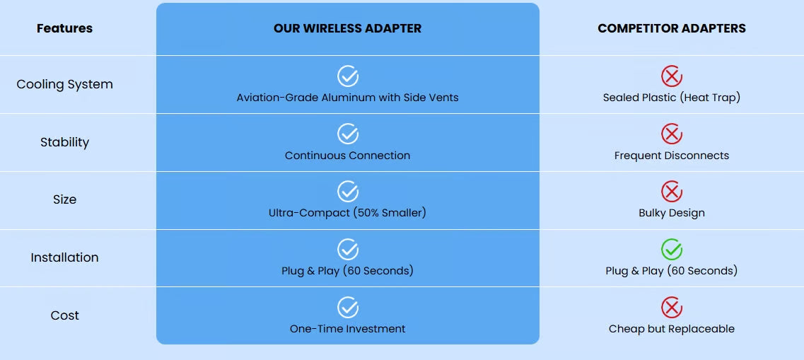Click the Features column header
point(64,28)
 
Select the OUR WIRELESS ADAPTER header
point(348,28)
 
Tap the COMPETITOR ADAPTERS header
point(672,28)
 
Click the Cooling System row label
point(64,84)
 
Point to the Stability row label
point(64,142)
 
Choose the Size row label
point(64,199)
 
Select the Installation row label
point(64,257)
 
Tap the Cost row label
point(64,315)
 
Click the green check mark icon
point(672,250)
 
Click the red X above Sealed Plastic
point(672,76)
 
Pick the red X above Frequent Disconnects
point(672,134)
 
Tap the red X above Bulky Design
point(672,192)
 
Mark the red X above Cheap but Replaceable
point(672,308)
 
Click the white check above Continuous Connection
point(348,134)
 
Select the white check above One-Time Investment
point(348,308)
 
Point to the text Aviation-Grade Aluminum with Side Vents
point(348,98)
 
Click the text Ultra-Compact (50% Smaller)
point(348,213)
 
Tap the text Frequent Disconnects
point(672,156)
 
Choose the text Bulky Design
point(672,213)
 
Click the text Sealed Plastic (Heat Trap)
point(672,98)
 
